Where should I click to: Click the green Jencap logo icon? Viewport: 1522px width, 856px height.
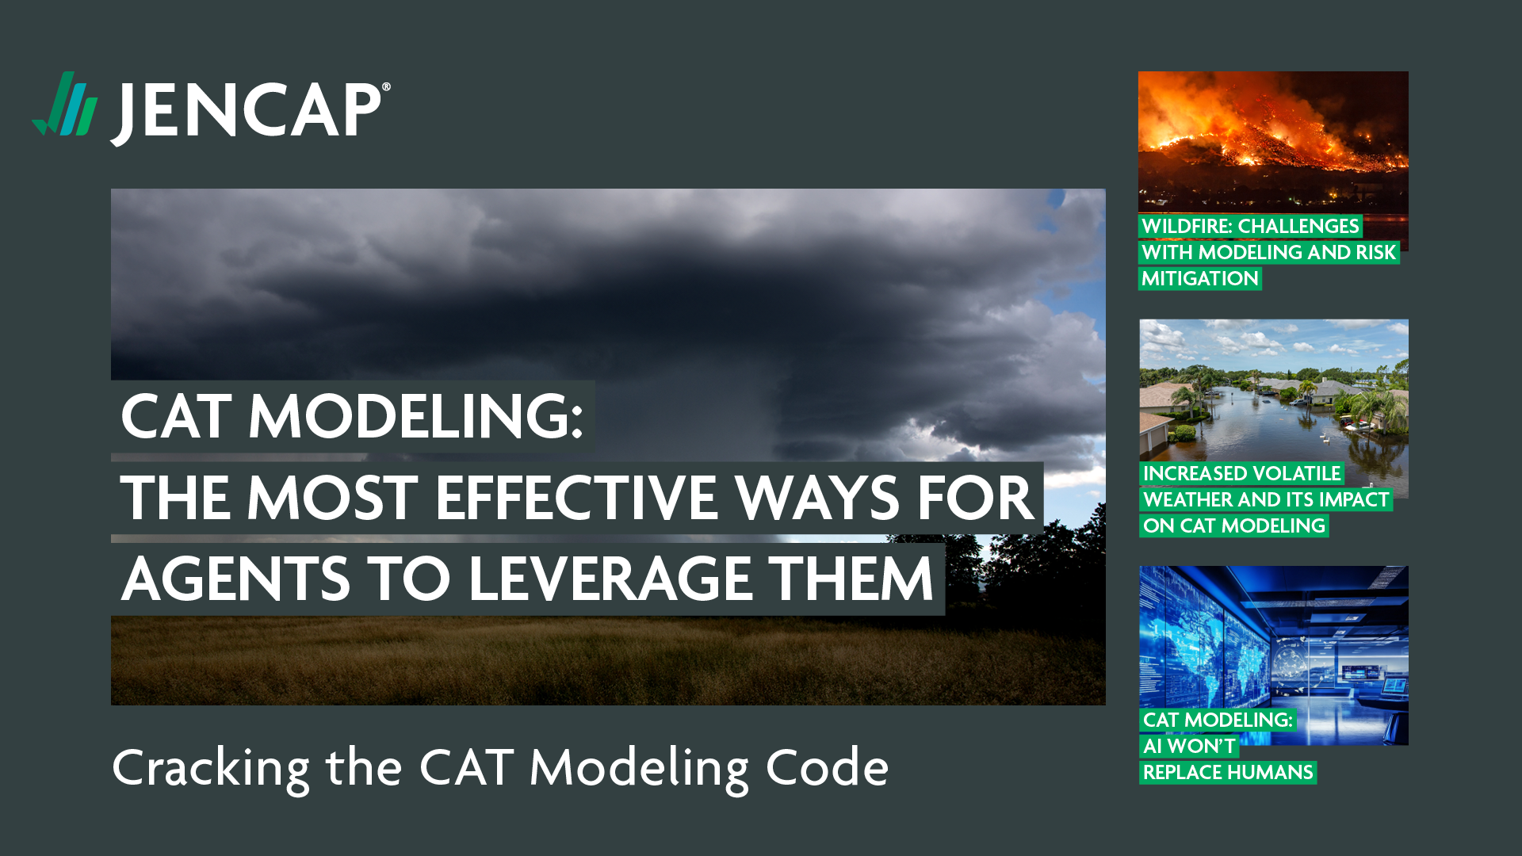[65, 104]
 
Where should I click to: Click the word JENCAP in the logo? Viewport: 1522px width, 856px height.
[247, 112]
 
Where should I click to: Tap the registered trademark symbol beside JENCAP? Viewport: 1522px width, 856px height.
[387, 87]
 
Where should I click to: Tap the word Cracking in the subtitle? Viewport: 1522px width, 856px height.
[212, 769]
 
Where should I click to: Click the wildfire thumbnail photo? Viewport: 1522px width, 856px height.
[1273, 143]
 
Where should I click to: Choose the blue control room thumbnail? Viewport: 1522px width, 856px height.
[1274, 637]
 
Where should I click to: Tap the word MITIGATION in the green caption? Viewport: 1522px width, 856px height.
[1200, 279]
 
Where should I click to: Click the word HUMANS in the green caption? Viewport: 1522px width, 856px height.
[1274, 773]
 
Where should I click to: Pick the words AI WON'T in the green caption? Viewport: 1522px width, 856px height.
[1189, 747]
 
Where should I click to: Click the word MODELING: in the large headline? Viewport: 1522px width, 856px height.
[416, 417]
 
